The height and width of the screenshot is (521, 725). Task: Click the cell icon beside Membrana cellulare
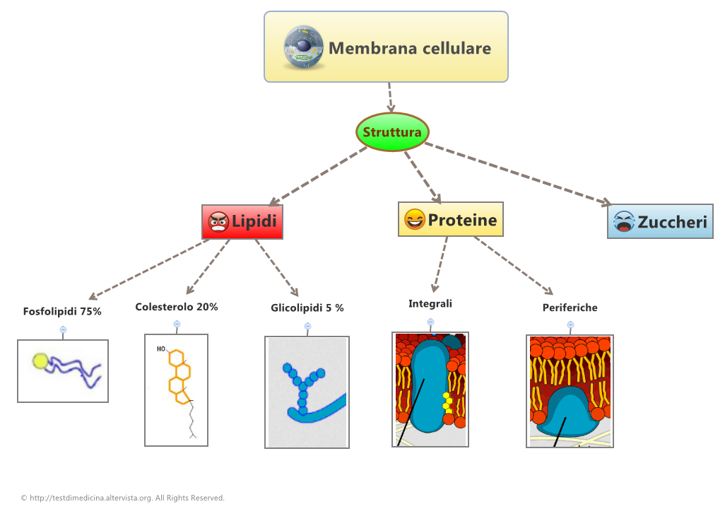[x=305, y=48]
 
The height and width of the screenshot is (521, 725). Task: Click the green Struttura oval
[x=392, y=132]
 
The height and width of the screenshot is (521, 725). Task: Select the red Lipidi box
[x=242, y=222]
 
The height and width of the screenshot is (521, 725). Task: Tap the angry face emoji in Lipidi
[x=218, y=223]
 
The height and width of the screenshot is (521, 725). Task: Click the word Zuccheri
[x=672, y=222]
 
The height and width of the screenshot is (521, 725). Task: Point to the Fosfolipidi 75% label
[x=62, y=311]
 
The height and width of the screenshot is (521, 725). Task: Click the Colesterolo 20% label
[x=177, y=307]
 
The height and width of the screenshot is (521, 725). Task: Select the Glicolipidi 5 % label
[x=307, y=308]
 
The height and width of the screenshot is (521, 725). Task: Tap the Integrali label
[x=430, y=304]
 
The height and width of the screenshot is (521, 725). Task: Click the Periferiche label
[x=570, y=308]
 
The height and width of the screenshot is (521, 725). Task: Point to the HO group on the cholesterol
[x=161, y=349]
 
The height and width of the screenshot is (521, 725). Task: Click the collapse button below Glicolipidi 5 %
[x=307, y=326]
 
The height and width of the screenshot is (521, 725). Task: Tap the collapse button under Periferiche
[x=570, y=325]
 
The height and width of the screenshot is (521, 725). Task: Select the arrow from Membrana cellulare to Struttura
[x=390, y=97]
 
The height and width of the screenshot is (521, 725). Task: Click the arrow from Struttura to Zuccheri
[x=519, y=174]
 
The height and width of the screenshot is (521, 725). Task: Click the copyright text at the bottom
[x=123, y=498]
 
